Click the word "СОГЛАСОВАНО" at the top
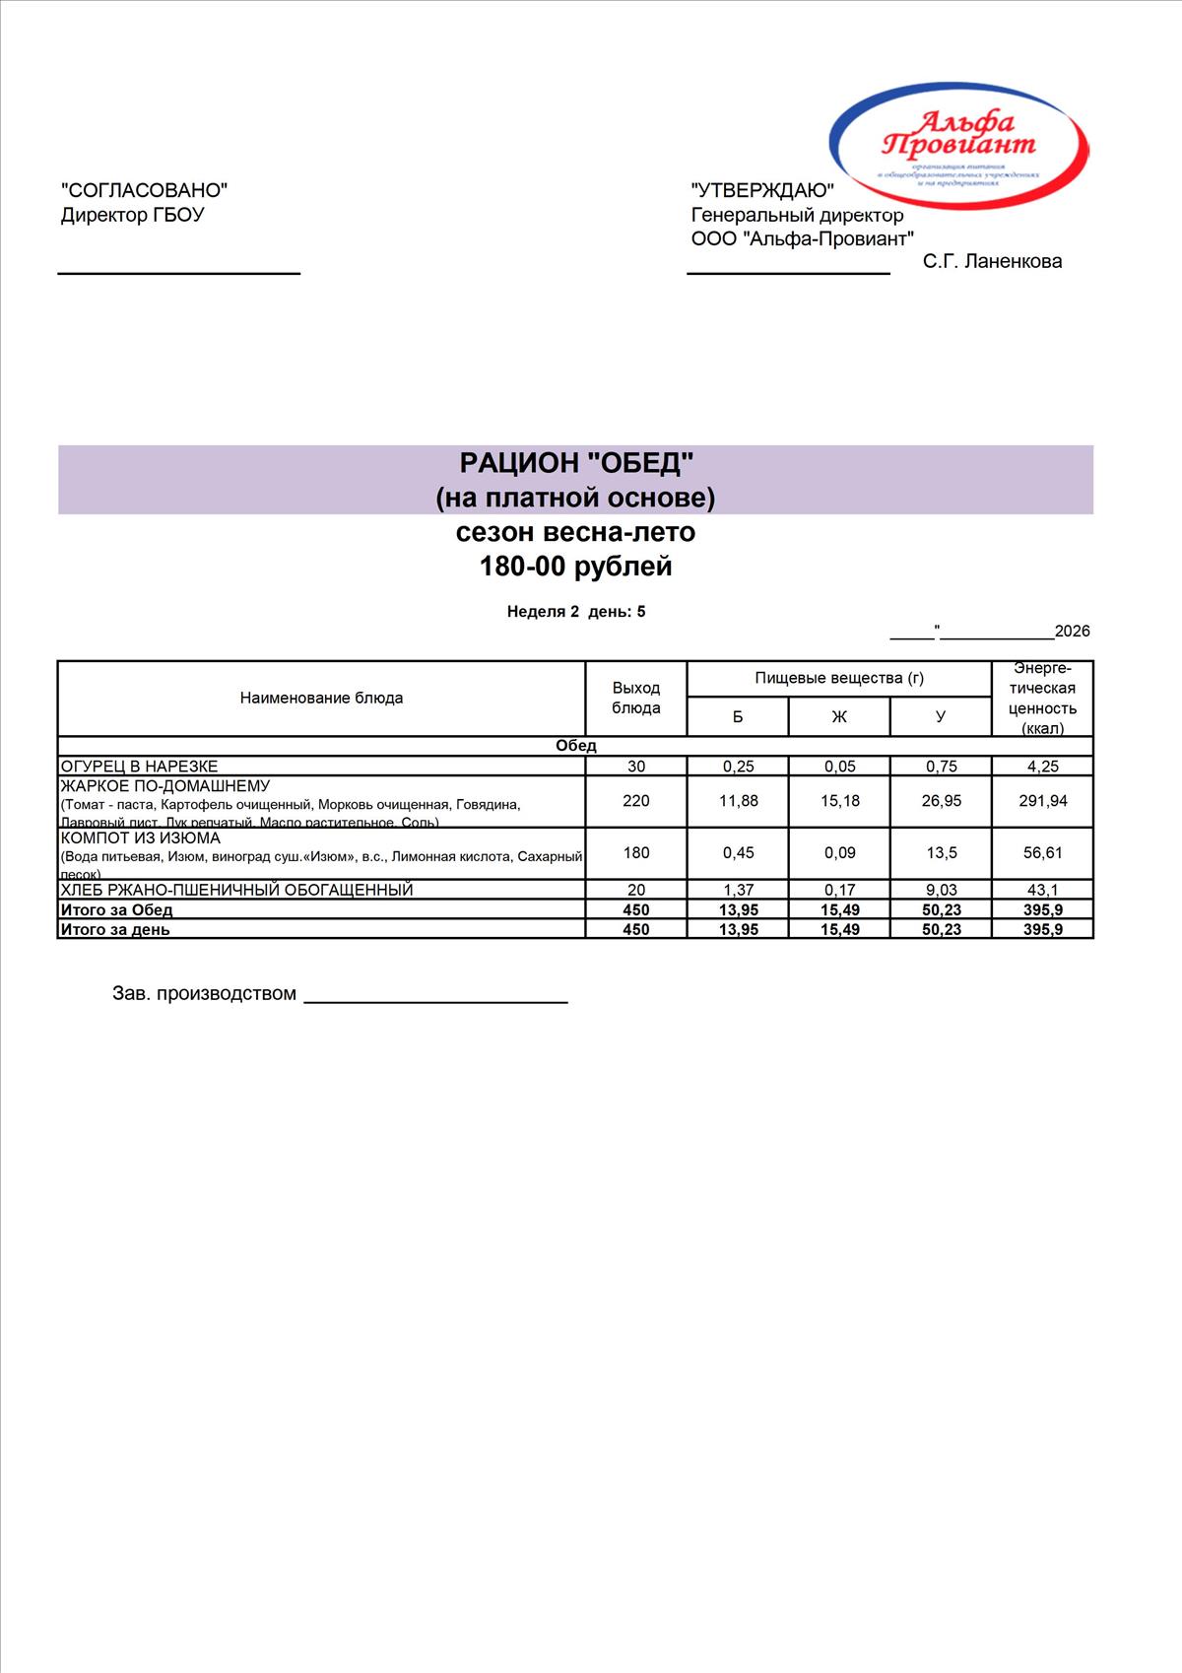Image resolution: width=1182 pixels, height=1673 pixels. pos(144,190)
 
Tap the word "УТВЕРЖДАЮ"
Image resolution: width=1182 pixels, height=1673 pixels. pos(762,190)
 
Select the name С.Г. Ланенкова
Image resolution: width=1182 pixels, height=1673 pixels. pos(992,261)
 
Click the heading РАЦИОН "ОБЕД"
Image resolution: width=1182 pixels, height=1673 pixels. pos(576,462)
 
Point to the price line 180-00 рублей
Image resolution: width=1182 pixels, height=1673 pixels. pos(576,567)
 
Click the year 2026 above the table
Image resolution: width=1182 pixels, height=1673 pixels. pos(1072,632)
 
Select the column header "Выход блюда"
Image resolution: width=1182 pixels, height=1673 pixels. pos(636,698)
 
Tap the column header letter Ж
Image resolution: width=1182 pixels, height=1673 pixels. pos(839,716)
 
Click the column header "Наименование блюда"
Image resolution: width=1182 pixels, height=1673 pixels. pos(321,698)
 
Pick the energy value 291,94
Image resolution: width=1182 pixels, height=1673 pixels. pos(1042,801)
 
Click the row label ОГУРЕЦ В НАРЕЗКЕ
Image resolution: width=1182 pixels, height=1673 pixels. pos(140,766)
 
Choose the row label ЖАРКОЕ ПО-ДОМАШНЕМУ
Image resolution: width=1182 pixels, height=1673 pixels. pos(165,786)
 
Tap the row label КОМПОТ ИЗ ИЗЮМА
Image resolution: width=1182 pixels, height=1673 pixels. pos(141,838)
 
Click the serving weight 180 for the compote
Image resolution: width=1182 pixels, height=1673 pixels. pos(636,852)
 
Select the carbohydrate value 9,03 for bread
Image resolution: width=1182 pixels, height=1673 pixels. pos(941,890)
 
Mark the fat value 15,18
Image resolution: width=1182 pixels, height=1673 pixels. pos(839,801)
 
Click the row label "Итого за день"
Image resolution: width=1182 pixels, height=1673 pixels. pos(115,929)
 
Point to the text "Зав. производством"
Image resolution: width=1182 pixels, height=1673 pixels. pos(204,993)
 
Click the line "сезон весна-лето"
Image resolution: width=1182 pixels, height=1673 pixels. pos(576,532)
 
